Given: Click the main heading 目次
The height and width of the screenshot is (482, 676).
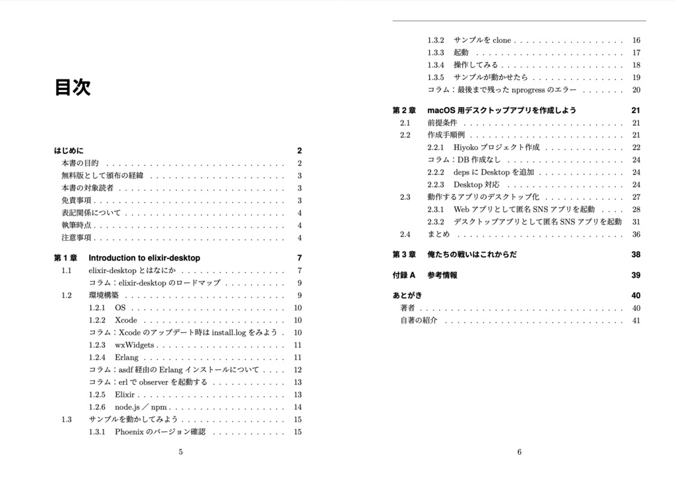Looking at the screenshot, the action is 73,87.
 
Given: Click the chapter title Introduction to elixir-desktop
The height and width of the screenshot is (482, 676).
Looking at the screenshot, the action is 144,258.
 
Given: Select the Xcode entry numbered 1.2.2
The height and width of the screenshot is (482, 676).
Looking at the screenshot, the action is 126,320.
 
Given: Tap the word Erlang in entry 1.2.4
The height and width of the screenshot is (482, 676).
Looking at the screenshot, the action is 127,358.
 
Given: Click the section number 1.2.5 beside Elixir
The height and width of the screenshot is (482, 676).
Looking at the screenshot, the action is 96,395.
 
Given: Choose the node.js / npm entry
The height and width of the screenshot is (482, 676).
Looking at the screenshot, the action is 141,407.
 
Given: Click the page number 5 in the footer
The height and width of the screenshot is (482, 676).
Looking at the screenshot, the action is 181,452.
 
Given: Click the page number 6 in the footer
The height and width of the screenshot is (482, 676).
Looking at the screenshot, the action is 520,452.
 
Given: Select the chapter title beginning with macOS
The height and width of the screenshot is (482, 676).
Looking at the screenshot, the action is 502,110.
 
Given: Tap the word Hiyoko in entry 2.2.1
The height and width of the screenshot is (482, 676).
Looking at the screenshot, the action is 465,147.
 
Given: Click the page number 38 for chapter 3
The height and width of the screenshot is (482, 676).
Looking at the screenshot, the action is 636,255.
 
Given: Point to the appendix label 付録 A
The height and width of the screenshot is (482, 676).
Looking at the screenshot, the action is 403,275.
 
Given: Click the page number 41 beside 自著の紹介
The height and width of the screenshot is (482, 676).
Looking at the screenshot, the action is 636,321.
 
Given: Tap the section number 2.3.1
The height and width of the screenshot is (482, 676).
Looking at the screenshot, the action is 436,210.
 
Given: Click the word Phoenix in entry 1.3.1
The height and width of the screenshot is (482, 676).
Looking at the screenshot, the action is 129,432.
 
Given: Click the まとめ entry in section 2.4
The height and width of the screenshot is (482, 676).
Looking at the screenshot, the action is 438,234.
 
